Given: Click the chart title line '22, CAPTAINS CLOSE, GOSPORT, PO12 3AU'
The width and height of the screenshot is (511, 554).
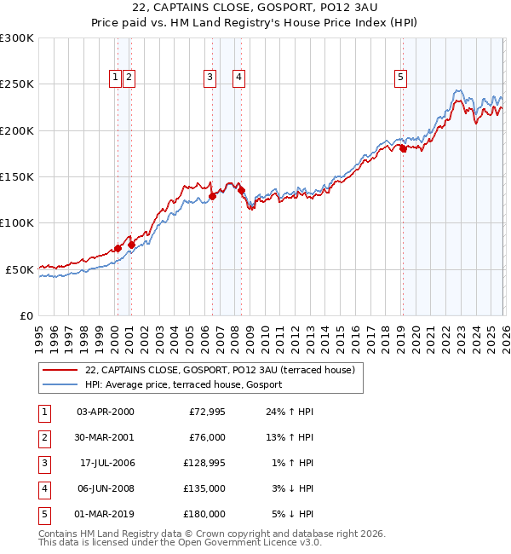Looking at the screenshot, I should pyautogui.click(x=255, y=8).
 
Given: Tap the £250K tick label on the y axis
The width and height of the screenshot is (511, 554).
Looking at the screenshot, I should pyautogui.click(x=17, y=84).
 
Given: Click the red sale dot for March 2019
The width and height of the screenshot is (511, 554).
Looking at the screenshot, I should pyautogui.click(x=402, y=148).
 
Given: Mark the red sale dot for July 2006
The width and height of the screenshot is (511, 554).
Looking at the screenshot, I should pyautogui.click(x=212, y=196).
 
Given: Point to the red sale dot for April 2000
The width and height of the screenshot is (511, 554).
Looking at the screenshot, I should pyautogui.click(x=118, y=248).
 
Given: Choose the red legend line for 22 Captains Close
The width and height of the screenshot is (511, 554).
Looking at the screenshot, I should pyautogui.click(x=59, y=370).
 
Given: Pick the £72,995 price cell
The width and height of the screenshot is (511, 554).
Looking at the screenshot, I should pyautogui.click(x=206, y=412).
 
